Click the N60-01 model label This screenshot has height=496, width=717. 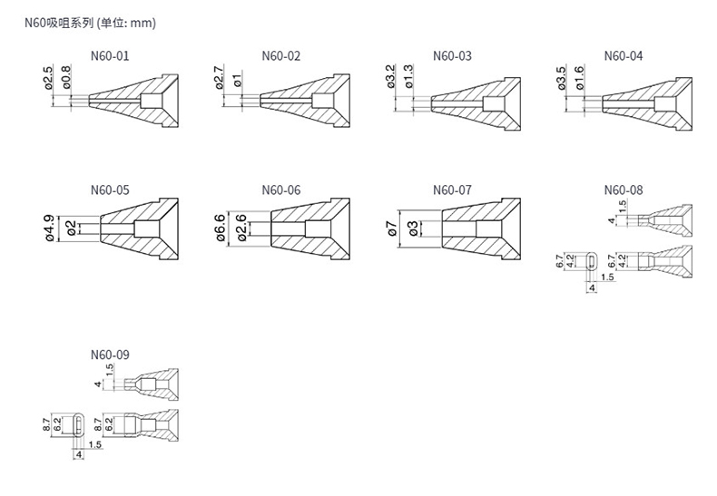(x=111, y=56)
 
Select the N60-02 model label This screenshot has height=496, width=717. (x=280, y=56)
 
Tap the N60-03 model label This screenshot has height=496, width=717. (x=452, y=56)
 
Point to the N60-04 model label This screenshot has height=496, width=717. (x=623, y=56)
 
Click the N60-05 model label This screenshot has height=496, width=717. (x=111, y=190)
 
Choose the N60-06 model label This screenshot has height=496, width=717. (x=280, y=190)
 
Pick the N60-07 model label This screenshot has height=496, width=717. (x=452, y=190)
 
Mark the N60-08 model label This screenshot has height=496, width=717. (x=623, y=190)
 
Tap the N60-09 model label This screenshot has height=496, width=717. (x=111, y=355)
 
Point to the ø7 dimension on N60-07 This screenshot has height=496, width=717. (x=390, y=229)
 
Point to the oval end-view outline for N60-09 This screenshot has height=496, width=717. (x=79, y=423)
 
